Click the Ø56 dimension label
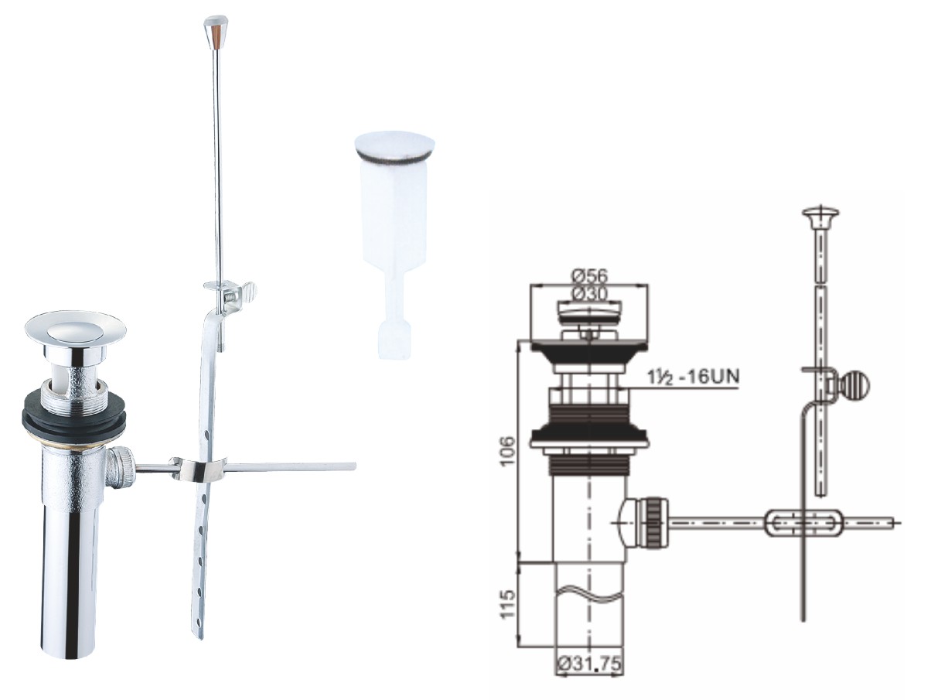(589, 275)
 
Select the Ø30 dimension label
(589, 292)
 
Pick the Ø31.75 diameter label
(589, 664)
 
